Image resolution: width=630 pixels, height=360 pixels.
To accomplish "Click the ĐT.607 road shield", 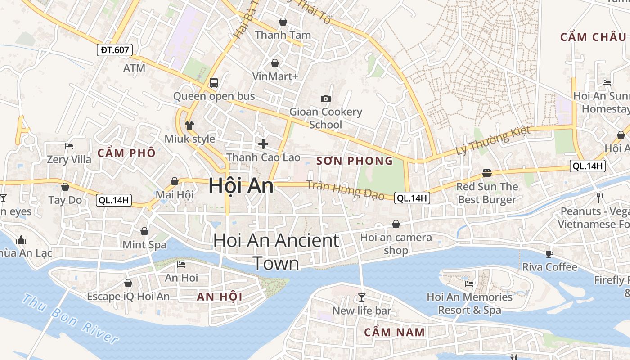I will coord(115,50).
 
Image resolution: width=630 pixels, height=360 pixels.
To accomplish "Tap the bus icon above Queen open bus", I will coord(214,83).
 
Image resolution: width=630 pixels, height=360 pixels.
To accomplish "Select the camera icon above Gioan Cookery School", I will coord(325,99).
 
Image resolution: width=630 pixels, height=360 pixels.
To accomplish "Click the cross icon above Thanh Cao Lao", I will coord(263,144).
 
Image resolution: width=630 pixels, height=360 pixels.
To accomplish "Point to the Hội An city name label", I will coord(241,186).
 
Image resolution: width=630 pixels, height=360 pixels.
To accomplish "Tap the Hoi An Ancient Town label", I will coord(276,252).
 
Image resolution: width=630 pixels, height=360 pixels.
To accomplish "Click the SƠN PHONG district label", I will coord(355,161).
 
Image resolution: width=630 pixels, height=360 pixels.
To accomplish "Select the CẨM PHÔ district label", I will coord(126,153).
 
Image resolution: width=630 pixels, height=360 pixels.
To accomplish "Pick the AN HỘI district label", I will coord(220,297).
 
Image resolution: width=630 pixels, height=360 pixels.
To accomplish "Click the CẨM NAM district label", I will coord(394,333).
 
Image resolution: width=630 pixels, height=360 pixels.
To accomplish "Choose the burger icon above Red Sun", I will coord(486,173).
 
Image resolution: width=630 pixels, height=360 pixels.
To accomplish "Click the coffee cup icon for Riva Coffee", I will coord(549,254).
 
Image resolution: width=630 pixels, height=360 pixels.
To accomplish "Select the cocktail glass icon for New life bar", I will coord(361,297).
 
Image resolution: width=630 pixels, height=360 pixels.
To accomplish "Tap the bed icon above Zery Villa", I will coord(69,146).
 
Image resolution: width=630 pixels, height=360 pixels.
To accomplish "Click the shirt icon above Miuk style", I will coord(189,125).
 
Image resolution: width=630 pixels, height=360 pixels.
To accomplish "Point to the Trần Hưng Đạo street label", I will coord(345,189).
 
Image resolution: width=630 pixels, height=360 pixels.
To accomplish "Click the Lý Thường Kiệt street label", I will coord(493,141).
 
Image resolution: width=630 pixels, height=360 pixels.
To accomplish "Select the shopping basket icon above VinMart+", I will coord(274,63).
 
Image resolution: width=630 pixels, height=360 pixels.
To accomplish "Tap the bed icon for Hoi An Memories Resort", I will coord(469,283).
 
